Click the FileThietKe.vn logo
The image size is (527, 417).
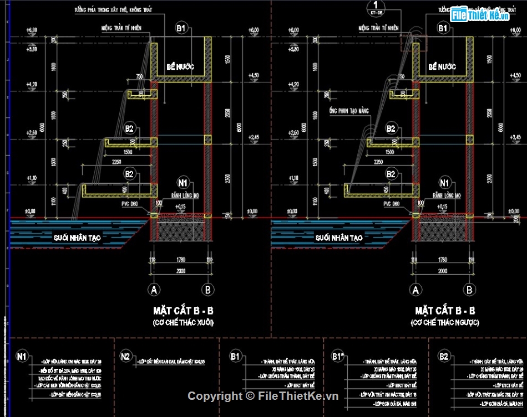(479, 15)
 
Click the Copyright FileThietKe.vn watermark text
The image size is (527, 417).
(262, 395)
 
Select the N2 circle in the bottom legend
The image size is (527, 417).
(126, 356)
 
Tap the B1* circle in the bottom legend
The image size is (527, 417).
(338, 356)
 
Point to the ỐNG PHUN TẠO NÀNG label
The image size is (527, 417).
(348, 110)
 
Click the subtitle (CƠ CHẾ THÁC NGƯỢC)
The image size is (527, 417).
(445, 322)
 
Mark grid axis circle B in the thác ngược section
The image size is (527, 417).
(470, 289)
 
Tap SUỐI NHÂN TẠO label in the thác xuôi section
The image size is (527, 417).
(76, 238)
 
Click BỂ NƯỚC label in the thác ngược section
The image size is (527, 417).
(442, 67)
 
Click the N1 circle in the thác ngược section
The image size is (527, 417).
(444, 182)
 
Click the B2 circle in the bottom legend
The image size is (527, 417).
(443, 356)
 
